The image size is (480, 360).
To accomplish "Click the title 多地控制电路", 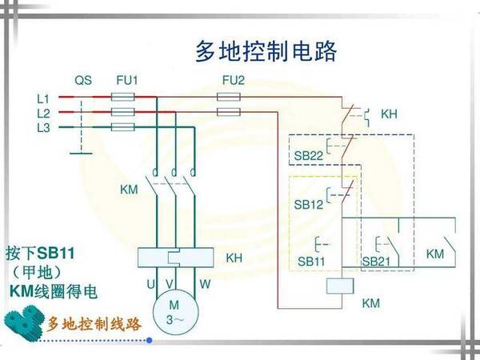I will pos(266,51).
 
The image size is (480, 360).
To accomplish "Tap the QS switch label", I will pos(83,81).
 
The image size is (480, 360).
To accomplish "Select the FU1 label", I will pos(127,81).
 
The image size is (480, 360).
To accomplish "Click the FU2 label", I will pos(233,81).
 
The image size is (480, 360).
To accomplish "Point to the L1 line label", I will pos(43,98).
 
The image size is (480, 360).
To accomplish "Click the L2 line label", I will pos(43,113).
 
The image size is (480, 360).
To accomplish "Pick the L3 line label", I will pos(43,127).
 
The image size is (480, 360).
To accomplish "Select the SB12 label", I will pos(308,205).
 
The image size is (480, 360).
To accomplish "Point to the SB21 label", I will pos(376,261).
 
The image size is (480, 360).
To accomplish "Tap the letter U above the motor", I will pos(150,284).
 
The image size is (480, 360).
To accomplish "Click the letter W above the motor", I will pos(206,284).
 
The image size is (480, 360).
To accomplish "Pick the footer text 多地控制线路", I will pos(94,325).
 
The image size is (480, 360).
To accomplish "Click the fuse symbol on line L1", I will pos(122,98).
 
